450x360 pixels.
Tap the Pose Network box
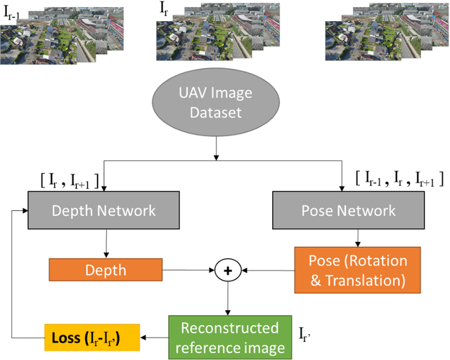[347, 210]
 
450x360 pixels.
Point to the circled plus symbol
[228, 269]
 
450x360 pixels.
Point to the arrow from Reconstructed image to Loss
[155, 336]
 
